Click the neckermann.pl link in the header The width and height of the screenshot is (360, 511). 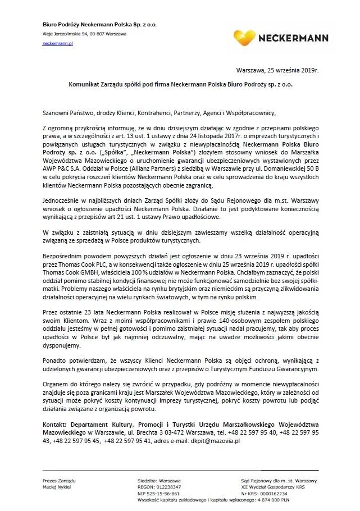[x=58, y=43]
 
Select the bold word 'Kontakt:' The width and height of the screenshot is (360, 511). [x=56, y=425]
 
